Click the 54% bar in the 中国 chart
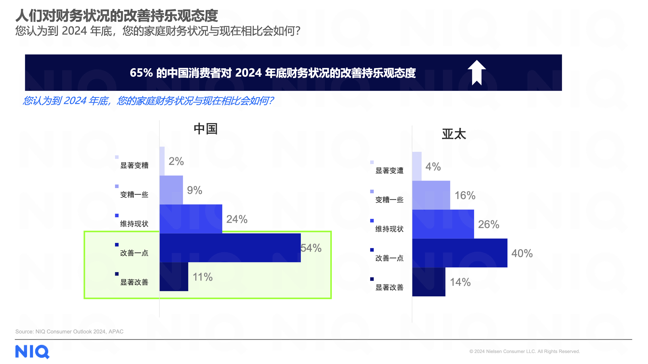point(230,248)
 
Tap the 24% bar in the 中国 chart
point(191,219)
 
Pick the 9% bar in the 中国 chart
point(171,190)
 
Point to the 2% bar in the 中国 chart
point(162,161)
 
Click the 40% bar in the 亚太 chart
point(460,253)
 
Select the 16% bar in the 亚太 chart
point(431,195)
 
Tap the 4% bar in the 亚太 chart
point(417,166)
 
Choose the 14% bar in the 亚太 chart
point(429,282)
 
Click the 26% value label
point(488,224)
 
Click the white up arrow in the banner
point(477,73)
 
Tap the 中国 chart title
point(205,129)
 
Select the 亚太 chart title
point(454,134)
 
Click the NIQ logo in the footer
point(32,351)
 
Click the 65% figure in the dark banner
point(141,73)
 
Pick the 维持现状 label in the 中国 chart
point(134,224)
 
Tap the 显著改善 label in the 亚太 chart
point(389,287)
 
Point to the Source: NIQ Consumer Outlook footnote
point(69,331)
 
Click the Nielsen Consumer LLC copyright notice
point(524,351)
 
